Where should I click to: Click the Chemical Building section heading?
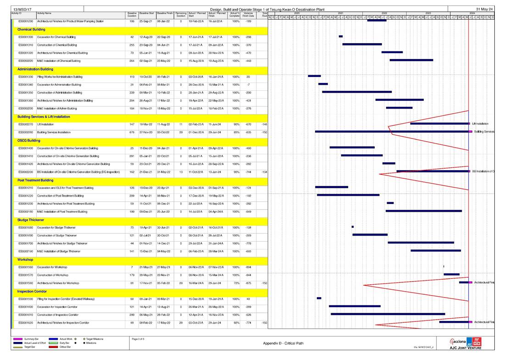[31, 29]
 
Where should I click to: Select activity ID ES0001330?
[26, 77]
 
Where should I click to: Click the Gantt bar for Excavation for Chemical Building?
[341, 36]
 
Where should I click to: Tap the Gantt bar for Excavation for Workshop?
[443, 266]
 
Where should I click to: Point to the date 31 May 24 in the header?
[484, 9]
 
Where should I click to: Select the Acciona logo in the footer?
[460, 342]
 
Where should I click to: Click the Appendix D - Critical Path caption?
[283, 343]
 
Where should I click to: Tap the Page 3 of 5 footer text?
[138, 339]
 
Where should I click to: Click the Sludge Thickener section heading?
[31, 220]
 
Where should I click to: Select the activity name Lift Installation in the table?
[45, 124]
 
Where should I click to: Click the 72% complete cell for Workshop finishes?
[236, 283]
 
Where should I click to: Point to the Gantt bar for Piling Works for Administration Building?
[314, 76]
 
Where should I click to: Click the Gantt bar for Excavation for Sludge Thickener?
[352, 227]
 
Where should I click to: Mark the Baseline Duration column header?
[132, 15]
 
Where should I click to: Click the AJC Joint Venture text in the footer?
[471, 348]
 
